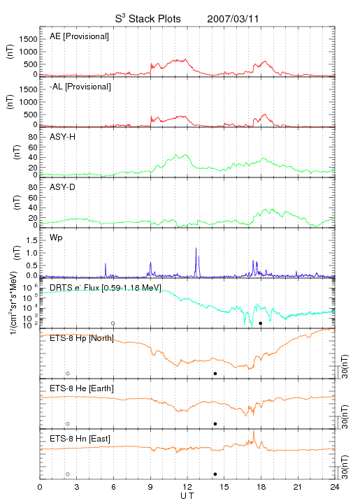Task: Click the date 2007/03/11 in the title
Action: click(x=233, y=19)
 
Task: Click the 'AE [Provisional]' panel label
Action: click(x=79, y=36)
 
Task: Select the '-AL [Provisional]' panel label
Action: click(x=80, y=87)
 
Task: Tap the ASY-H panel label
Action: click(x=63, y=137)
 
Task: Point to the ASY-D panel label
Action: click(x=63, y=187)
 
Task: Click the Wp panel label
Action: click(x=56, y=238)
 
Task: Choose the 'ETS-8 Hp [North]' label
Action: click(x=82, y=338)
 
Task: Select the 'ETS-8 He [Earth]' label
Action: click(x=82, y=388)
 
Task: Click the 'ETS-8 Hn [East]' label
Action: click(x=80, y=439)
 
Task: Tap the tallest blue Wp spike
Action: click(x=196, y=248)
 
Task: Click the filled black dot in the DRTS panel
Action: click(x=261, y=323)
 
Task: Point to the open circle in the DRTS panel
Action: click(x=113, y=323)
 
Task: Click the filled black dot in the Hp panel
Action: click(x=215, y=373)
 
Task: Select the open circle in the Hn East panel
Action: click(x=68, y=474)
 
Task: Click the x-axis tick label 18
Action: click(x=261, y=487)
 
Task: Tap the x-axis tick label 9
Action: click(x=150, y=487)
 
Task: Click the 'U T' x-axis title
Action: click(x=187, y=496)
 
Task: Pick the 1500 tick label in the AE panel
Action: click(x=29, y=39)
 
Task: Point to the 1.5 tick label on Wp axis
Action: click(x=31, y=240)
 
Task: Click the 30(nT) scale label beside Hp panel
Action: click(x=345, y=366)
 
